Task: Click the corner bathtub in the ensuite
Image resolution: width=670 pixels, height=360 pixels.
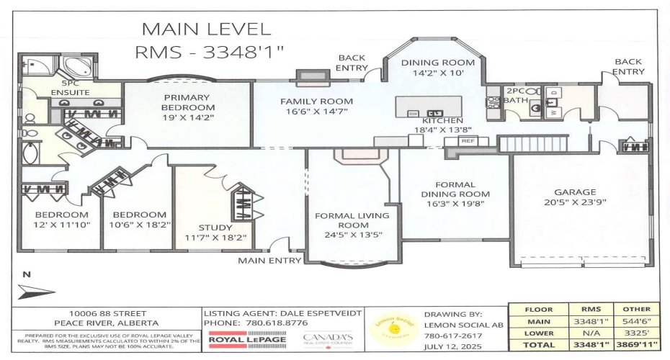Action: tap(73, 68)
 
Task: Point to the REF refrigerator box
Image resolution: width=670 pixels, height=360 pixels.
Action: tap(467, 142)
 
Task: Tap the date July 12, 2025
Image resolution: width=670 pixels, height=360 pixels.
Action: tap(452, 346)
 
